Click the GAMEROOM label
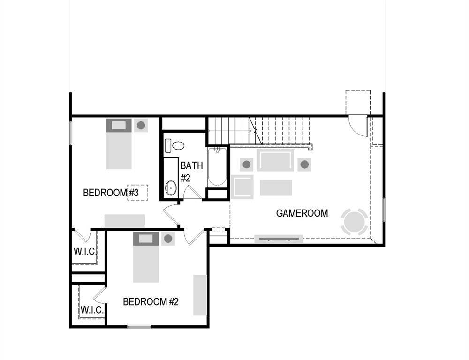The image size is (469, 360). (302, 213)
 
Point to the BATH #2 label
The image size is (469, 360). (191, 172)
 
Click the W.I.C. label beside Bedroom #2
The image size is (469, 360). (92, 310)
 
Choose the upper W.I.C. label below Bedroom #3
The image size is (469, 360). (85, 251)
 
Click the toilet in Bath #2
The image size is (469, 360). (177, 145)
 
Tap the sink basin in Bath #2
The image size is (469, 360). (171, 188)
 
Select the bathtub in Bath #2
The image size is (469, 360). (217, 167)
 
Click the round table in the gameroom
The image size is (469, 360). (355, 222)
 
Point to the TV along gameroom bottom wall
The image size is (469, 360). (279, 239)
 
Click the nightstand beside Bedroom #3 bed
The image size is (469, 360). (141, 125)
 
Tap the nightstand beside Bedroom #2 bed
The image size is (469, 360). (168, 239)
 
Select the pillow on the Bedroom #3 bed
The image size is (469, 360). (118, 125)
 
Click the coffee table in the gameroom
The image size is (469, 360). (276, 187)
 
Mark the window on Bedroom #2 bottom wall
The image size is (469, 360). (139, 326)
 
